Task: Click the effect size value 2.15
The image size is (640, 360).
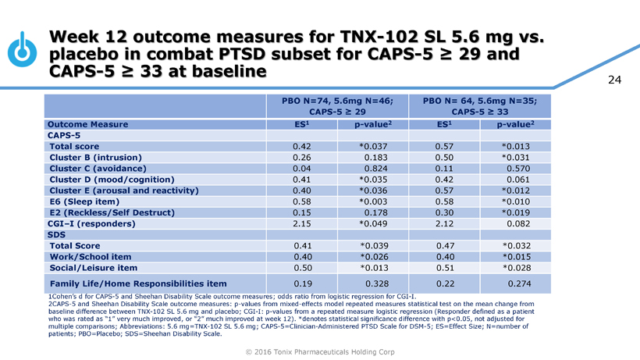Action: pyautogui.click(x=302, y=223)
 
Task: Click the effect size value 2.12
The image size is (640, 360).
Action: pyautogui.click(x=444, y=223)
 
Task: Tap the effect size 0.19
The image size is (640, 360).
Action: pyautogui.click(x=302, y=283)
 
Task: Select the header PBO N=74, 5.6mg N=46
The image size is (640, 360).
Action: pyautogui.click(x=337, y=101)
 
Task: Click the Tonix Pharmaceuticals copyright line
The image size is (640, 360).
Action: pyautogui.click(x=320, y=351)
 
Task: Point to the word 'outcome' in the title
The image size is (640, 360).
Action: pyautogui.click(x=185, y=37)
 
